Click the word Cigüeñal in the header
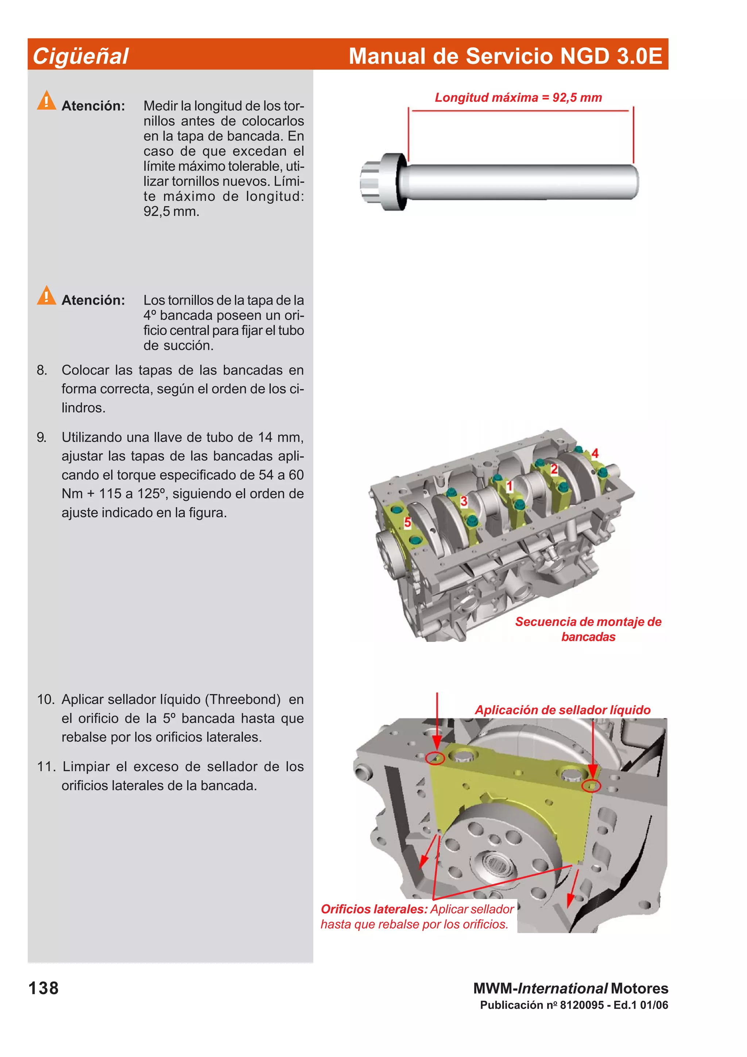(x=81, y=57)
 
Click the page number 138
(x=44, y=988)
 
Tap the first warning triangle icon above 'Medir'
(x=46, y=100)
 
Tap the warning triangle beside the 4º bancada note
(x=46, y=295)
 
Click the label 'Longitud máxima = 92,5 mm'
(x=518, y=98)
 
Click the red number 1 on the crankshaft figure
(x=509, y=486)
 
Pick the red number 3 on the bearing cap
(x=464, y=501)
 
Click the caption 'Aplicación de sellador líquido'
(x=562, y=709)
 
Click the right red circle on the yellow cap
(x=591, y=785)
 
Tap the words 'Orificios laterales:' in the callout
(x=374, y=909)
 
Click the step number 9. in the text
(x=42, y=437)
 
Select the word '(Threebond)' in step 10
(x=243, y=699)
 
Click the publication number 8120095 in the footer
(x=582, y=1005)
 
